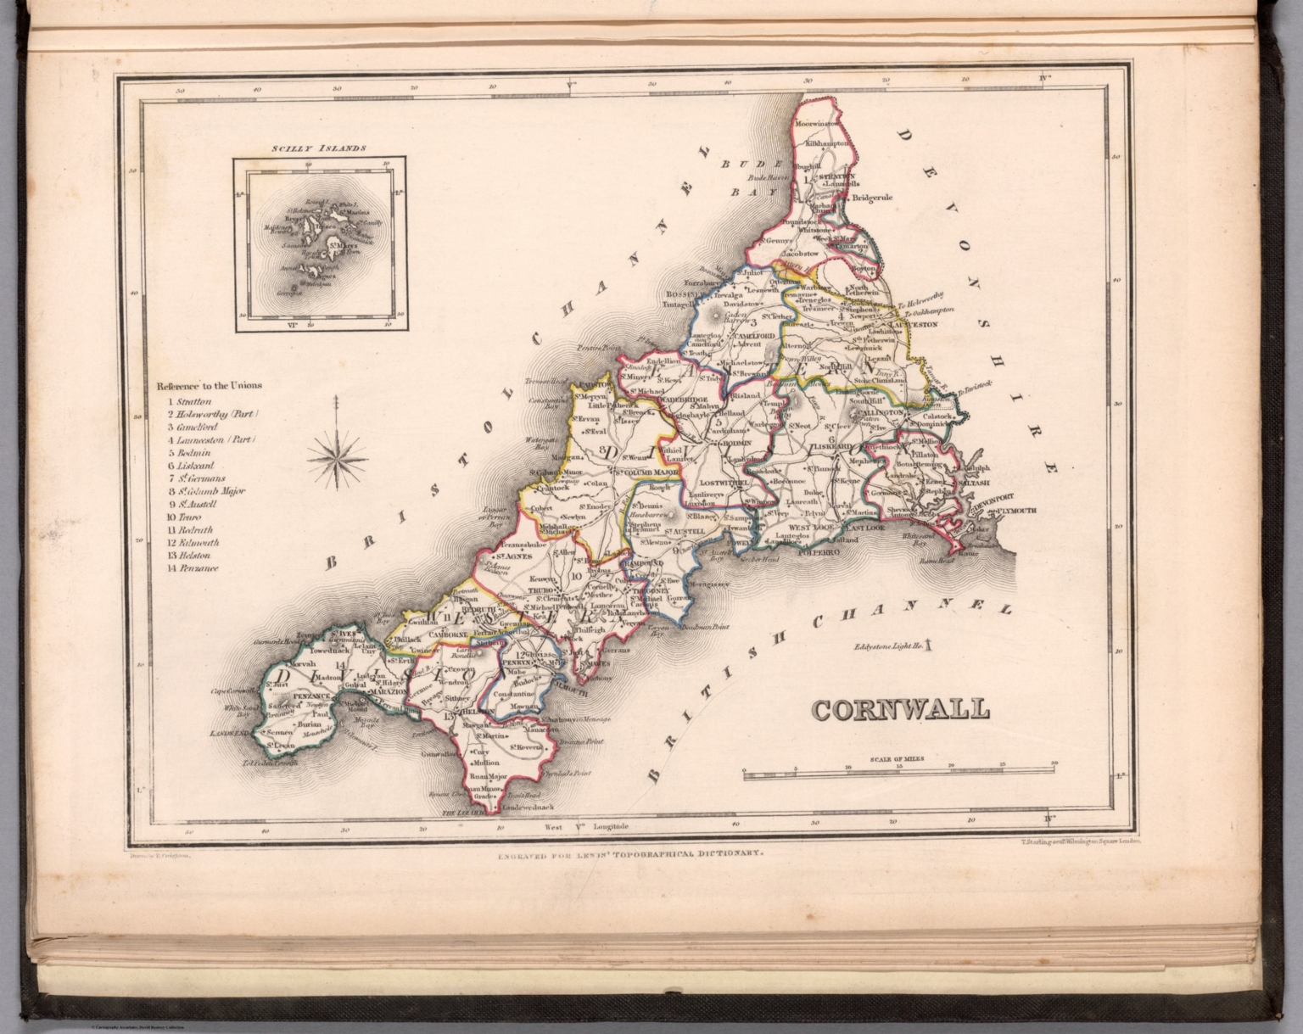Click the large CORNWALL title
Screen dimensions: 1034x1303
[x=902, y=708]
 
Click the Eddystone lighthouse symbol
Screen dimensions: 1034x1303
[x=931, y=646]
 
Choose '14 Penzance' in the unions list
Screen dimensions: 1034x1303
[x=193, y=568]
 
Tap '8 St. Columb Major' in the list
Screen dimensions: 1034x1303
[x=206, y=490]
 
